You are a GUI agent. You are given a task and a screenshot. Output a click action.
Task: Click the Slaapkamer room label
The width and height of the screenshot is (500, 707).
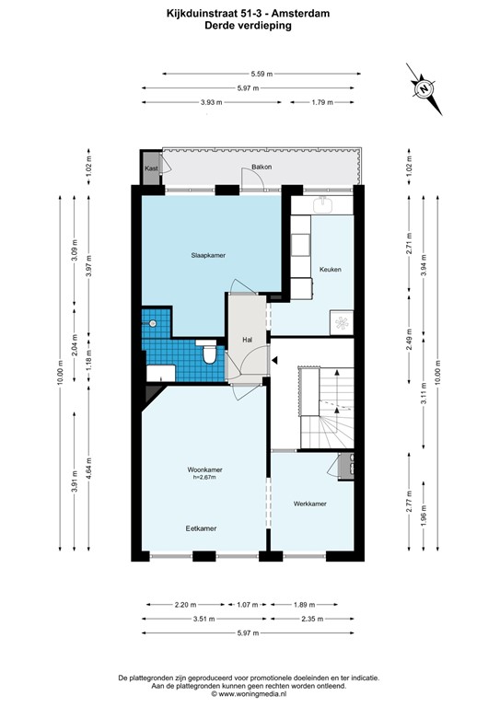click(x=208, y=254)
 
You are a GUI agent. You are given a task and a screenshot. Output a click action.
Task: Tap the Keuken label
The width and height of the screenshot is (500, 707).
click(x=331, y=270)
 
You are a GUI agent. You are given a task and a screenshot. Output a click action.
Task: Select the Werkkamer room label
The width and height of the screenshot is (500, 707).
click(x=310, y=504)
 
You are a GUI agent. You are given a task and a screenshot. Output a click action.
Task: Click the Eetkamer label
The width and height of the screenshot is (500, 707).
click(x=201, y=528)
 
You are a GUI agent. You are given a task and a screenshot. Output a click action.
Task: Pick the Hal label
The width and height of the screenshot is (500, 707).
click(x=248, y=340)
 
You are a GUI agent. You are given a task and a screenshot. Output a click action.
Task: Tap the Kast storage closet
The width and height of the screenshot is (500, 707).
click(x=150, y=169)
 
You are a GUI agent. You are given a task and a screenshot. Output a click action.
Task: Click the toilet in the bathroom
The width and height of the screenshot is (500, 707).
click(x=209, y=354)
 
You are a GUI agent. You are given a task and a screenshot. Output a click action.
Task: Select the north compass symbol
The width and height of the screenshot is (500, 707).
click(x=423, y=88)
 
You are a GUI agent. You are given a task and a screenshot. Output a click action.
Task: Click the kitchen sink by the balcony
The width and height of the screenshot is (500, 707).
click(x=323, y=203)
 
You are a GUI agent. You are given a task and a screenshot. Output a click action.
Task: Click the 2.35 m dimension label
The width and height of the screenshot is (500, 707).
click(x=318, y=619)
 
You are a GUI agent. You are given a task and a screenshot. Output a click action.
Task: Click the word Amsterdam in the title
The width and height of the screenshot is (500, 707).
click(x=297, y=13)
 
